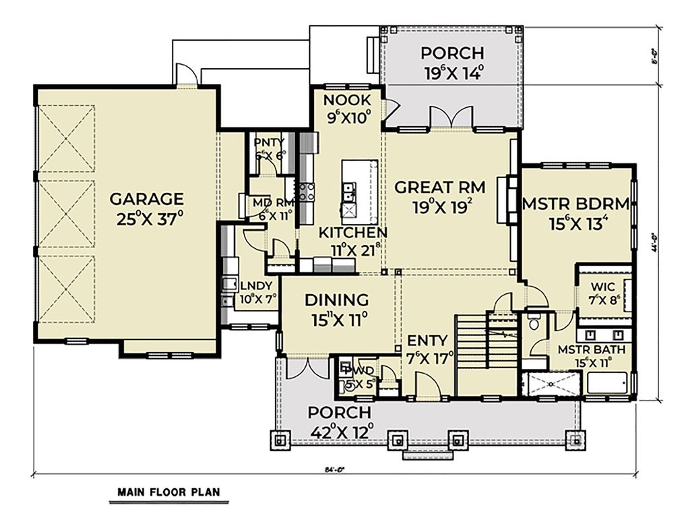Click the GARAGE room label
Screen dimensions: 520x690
coord(146,199)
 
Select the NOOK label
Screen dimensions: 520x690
coord(346,101)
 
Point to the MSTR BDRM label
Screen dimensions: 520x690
coord(575,204)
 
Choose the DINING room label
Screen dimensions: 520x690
coord(336,300)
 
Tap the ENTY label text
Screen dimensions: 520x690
coord(427,340)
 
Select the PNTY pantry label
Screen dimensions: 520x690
coord(269,142)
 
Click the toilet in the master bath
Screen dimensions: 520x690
coord(534,322)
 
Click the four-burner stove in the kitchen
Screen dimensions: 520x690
coord(307,192)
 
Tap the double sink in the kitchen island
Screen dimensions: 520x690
coord(350,194)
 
